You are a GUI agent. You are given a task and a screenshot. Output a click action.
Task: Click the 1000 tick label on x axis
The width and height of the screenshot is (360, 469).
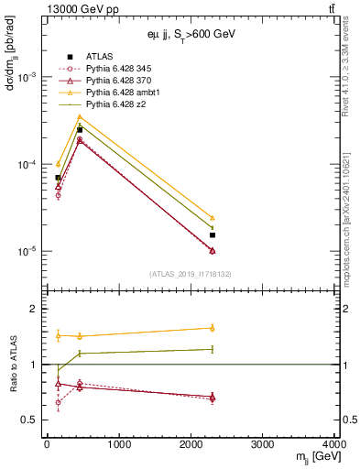click(118, 445)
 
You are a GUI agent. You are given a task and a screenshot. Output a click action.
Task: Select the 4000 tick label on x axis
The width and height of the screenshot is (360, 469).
click(335, 445)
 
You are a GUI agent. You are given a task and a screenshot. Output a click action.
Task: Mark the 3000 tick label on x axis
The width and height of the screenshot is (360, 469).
click(263, 445)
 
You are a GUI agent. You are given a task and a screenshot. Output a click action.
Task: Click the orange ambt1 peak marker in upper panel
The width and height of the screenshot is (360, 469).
click(80, 116)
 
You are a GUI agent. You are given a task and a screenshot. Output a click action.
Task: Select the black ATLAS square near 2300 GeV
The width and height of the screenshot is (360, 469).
click(213, 234)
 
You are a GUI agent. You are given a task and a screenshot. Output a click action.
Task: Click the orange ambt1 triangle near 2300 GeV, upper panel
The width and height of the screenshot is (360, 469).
click(213, 218)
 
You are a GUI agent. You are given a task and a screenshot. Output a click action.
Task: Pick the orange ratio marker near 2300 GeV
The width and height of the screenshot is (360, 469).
click(213, 327)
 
